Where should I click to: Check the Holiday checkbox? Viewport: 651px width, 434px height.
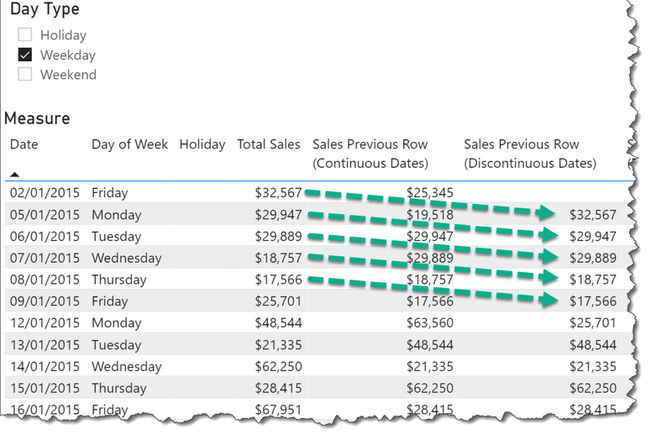25,35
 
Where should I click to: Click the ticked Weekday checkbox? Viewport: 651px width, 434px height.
25,55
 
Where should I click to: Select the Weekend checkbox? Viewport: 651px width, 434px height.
25,75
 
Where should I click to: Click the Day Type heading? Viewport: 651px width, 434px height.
45,10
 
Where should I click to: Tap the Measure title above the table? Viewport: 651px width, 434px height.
37,118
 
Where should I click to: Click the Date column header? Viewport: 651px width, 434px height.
24,144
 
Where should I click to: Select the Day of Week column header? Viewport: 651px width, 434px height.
129,144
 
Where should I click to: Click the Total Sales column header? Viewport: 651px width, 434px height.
268,144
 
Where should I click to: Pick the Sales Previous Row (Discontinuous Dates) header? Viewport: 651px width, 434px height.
529,154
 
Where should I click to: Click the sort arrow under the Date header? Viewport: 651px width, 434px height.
15,174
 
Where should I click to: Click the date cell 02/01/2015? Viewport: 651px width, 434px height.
45,193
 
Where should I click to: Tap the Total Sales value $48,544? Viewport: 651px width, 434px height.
278,323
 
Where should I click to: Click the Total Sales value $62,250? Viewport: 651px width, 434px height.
278,367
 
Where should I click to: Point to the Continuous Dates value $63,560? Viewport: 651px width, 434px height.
429,323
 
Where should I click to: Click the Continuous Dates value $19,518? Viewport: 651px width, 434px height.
429,215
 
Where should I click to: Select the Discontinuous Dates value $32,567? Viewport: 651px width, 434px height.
592,215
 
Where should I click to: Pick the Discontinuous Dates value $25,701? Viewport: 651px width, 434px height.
592,323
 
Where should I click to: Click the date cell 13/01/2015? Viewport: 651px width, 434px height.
45,345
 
